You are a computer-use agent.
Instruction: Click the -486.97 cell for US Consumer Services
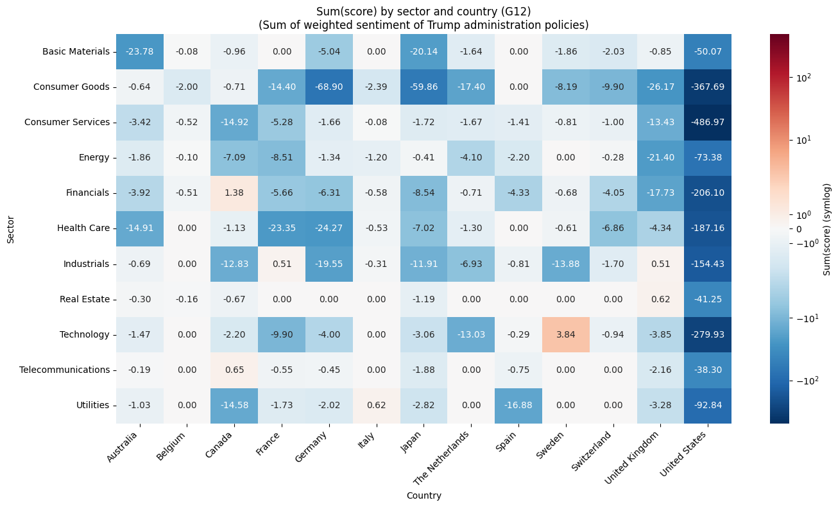[x=707, y=122]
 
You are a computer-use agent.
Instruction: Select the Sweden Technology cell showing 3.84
[x=565, y=334]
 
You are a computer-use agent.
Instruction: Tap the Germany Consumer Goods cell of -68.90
[x=329, y=87]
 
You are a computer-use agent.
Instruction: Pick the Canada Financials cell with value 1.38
[x=234, y=193]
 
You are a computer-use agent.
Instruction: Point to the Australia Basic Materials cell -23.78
[x=139, y=51]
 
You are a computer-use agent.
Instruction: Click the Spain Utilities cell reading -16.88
[x=518, y=405]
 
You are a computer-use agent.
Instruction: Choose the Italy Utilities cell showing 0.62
[x=376, y=405]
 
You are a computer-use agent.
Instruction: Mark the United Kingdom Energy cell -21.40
[x=660, y=157]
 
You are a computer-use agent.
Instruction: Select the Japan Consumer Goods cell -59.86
[x=423, y=87]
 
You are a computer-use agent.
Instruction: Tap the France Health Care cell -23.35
[x=282, y=228]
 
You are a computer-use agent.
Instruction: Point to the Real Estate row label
[x=85, y=299]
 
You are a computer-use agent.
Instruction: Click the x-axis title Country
[x=423, y=495]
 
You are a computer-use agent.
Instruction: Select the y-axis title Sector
[x=10, y=228]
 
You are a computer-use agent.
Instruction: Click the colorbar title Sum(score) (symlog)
[x=827, y=228]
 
